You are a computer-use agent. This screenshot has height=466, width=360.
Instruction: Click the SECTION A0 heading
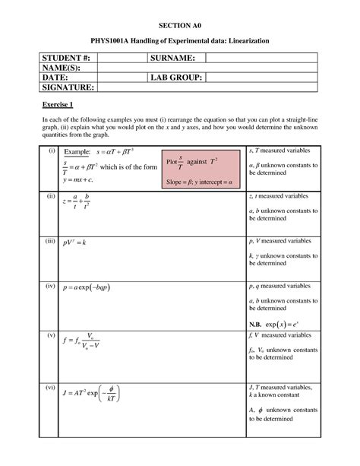[x=179, y=24]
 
